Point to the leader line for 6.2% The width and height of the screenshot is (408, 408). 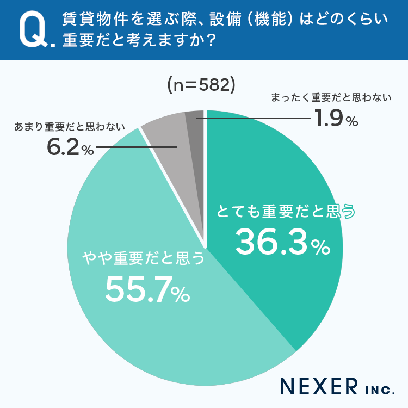click(136, 147)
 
